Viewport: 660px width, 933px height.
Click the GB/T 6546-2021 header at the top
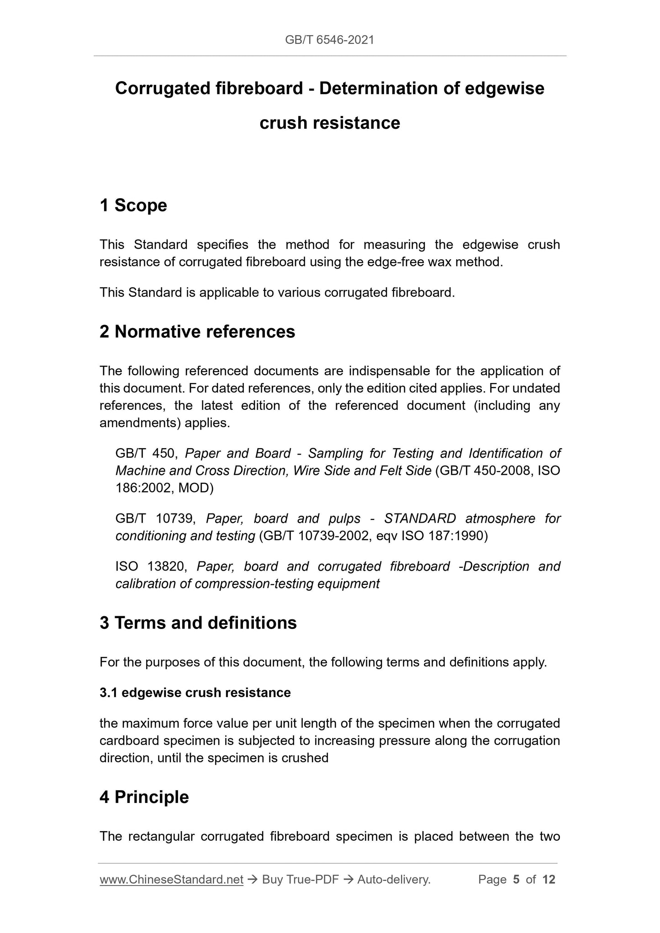click(329, 40)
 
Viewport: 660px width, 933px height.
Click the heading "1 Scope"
click(133, 205)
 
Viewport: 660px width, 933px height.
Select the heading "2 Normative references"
click(197, 332)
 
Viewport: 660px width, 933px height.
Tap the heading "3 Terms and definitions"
click(198, 623)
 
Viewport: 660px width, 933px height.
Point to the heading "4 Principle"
click(144, 797)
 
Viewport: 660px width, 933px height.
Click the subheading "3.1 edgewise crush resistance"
click(195, 692)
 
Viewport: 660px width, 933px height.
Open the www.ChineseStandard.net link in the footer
click(171, 880)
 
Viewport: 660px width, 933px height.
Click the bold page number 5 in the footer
click(516, 880)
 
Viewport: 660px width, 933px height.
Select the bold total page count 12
click(549, 880)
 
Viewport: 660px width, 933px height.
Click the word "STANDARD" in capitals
click(420, 519)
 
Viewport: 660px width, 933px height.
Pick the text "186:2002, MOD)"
click(164, 488)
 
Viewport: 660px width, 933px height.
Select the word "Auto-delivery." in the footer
click(394, 880)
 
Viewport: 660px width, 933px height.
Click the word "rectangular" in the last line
click(162, 836)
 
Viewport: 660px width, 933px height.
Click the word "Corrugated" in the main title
click(162, 88)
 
